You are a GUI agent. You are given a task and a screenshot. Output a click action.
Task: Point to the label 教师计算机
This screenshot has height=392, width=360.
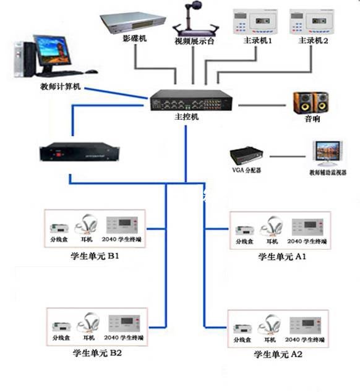tap(61, 88)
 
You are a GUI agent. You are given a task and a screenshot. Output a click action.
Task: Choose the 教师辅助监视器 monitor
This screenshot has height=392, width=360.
tap(327, 154)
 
